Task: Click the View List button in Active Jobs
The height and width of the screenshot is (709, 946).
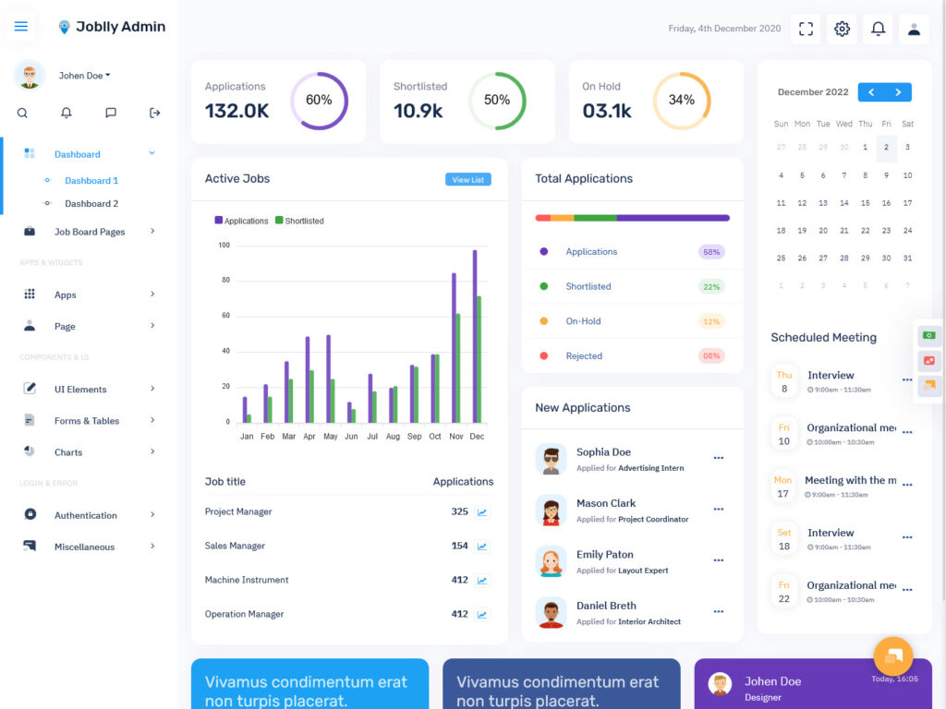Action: pos(467,180)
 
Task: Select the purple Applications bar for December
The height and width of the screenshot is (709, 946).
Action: pos(475,336)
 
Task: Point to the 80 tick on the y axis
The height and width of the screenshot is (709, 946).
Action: pos(224,281)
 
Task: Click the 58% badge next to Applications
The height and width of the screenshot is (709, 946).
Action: pos(711,252)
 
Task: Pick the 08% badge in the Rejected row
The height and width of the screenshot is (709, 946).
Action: pos(711,356)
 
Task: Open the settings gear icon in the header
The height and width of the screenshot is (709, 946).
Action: pos(842,29)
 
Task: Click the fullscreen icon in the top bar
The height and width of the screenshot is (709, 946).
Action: pos(806,29)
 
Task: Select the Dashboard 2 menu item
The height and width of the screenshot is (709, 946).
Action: pos(91,204)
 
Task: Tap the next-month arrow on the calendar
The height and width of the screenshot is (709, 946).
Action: pos(898,92)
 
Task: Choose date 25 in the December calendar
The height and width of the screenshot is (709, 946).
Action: pos(781,258)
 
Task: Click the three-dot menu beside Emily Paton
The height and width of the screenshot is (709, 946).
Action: pos(719,560)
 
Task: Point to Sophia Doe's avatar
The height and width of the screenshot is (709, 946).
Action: pos(552,459)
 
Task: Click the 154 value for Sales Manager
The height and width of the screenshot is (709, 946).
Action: pos(459,546)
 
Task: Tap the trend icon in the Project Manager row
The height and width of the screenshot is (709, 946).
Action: pos(482,512)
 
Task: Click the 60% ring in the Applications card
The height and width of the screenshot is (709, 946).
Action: pos(319,101)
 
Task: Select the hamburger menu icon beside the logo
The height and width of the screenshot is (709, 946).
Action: pos(21,26)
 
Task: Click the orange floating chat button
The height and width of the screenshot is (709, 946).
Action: pos(893,656)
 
